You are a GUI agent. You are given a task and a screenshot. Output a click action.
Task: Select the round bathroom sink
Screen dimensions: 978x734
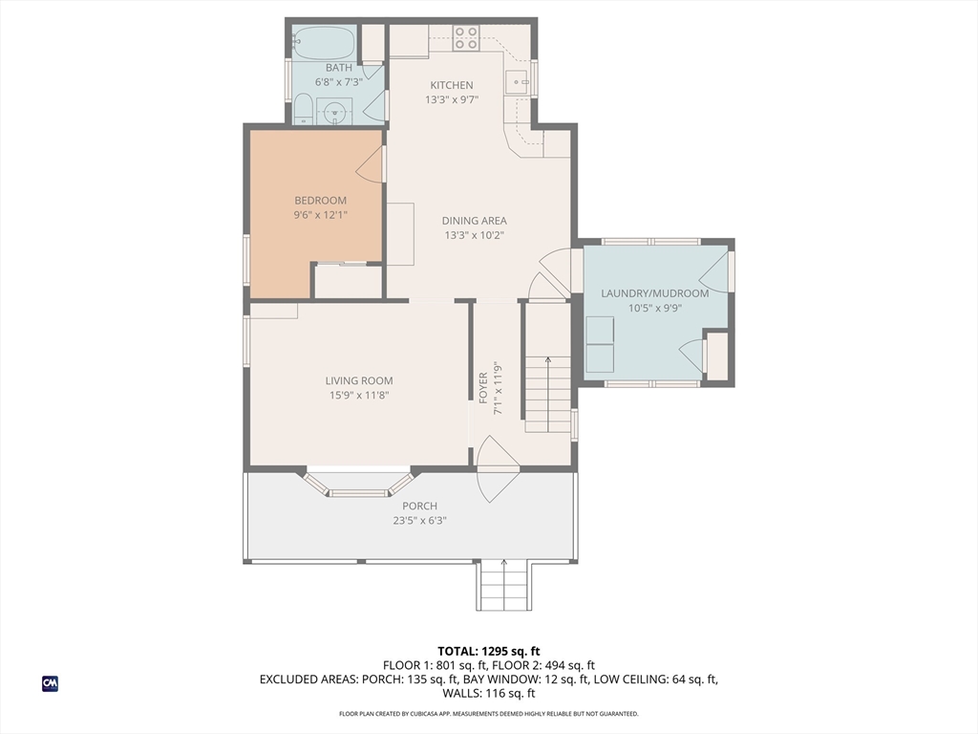coord(334,112)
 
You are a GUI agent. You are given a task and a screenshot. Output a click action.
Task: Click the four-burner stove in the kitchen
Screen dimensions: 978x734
coord(465,37)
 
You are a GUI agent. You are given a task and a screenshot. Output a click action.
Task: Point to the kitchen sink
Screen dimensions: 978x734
coord(517,81)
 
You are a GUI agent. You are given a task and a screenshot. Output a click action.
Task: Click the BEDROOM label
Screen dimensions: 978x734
coord(320,201)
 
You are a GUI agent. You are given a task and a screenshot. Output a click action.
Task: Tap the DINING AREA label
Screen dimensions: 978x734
coord(474,221)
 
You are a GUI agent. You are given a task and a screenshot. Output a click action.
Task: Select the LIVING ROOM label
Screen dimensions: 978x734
coord(359,380)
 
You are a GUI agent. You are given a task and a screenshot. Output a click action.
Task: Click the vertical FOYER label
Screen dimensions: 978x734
coord(483,388)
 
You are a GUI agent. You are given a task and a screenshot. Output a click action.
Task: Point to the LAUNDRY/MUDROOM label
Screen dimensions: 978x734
coord(655,293)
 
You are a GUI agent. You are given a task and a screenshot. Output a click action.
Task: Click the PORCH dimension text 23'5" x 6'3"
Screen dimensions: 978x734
coord(420,521)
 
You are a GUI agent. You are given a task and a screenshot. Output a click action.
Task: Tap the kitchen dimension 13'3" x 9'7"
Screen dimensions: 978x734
coord(452,99)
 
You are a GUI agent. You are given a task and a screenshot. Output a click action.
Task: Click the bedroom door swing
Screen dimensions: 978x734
coord(369,164)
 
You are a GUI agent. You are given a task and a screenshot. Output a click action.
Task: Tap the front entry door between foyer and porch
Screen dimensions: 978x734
coord(498,468)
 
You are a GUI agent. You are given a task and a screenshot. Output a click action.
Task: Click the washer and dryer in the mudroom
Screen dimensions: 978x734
coord(600,344)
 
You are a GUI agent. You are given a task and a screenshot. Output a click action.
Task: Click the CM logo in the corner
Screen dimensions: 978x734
coord(50,683)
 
